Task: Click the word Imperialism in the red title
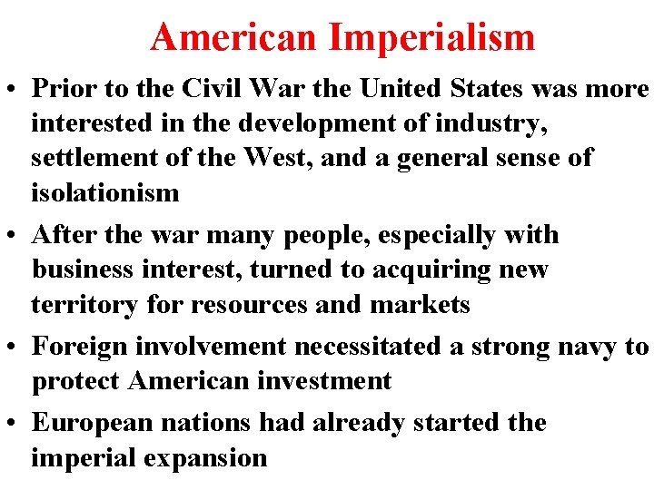point(432,37)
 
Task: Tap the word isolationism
point(105,191)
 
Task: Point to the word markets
point(420,304)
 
